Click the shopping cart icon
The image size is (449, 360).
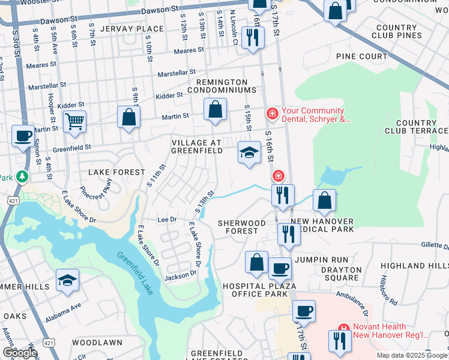point(74,122)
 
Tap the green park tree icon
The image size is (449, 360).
point(22,176)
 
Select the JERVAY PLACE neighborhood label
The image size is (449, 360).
point(132,29)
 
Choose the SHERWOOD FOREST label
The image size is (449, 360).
point(242,227)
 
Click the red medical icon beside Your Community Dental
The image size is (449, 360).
point(272,113)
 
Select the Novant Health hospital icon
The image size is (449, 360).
point(343,328)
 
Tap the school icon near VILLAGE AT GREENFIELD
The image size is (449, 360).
point(249,152)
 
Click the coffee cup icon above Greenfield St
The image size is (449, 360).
point(23,136)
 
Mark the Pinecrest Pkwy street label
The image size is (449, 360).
point(100,190)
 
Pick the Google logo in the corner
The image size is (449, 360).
point(19,352)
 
